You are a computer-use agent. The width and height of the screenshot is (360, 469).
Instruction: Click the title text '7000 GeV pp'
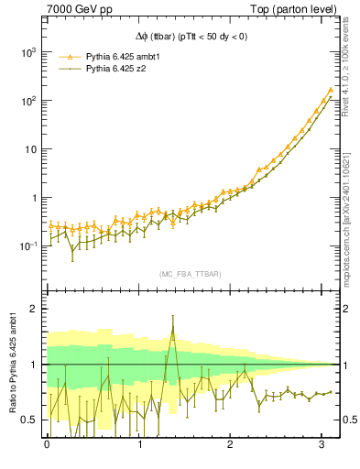point(80,10)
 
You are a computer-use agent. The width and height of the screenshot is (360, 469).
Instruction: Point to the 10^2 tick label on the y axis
point(27,102)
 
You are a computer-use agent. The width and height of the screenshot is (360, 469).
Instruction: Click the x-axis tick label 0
point(47,444)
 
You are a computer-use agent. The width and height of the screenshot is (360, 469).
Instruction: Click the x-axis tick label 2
point(234,444)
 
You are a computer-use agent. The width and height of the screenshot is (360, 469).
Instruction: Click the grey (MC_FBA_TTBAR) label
point(190,274)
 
